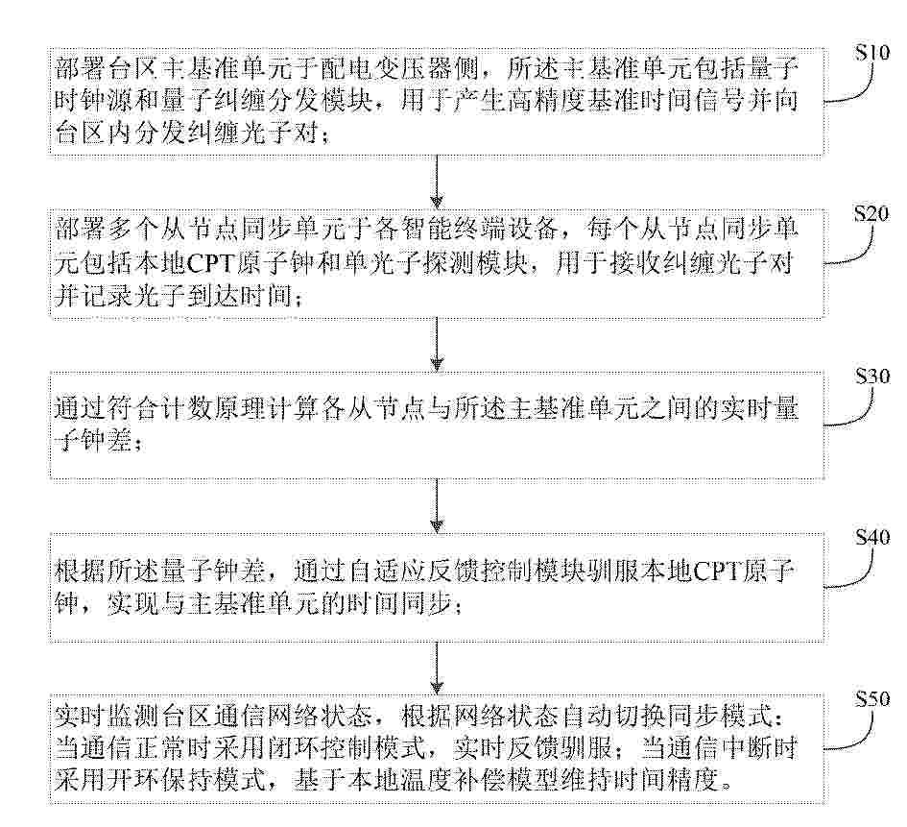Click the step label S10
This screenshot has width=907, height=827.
click(x=872, y=53)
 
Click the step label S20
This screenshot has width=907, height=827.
click(x=872, y=215)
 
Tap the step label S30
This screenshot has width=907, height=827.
click(x=872, y=377)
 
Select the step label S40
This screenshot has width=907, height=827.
click(x=872, y=538)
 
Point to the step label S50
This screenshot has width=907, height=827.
click(x=872, y=699)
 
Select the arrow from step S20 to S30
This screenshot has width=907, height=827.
click(x=437, y=344)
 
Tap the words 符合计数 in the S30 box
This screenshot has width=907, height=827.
click(x=159, y=409)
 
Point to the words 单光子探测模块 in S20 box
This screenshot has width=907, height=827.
click(x=424, y=264)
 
